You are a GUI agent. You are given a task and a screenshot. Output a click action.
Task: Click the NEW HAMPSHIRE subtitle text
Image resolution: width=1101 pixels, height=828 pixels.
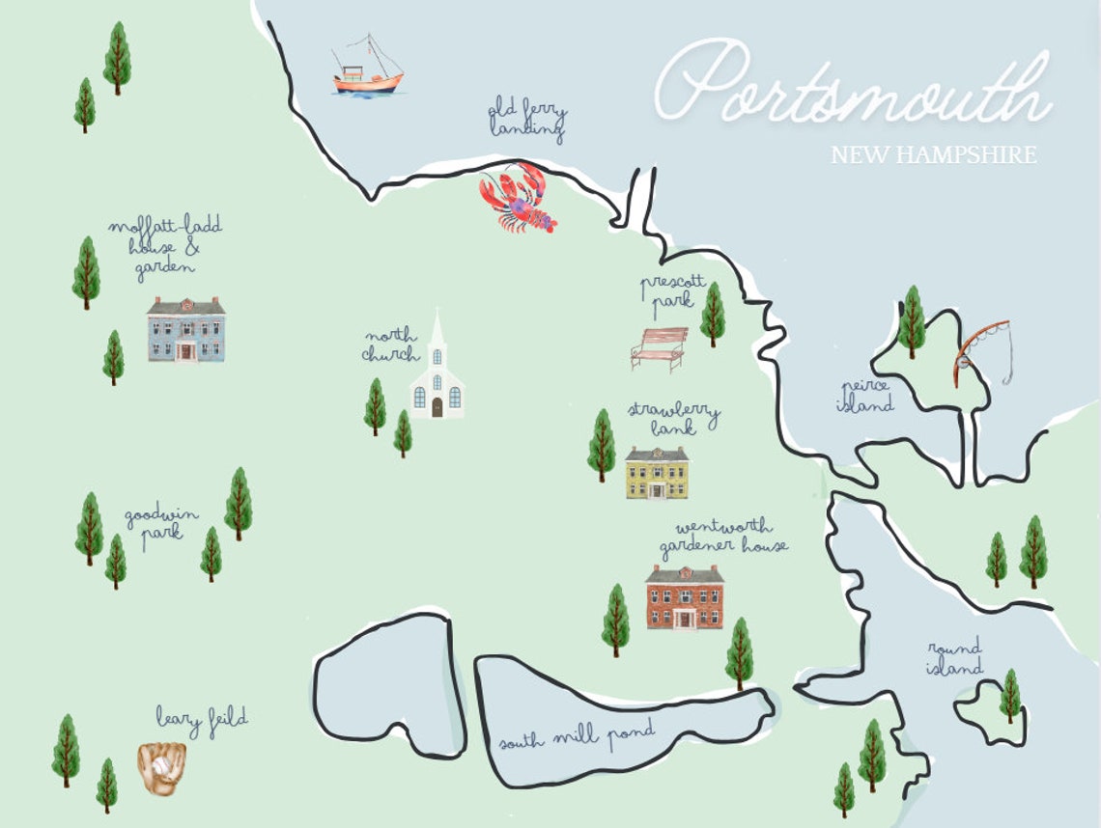click(933, 155)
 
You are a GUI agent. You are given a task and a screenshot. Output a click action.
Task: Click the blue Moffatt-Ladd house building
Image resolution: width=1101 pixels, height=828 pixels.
click(185, 330)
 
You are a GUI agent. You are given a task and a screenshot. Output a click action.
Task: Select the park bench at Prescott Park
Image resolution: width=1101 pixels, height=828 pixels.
click(659, 348)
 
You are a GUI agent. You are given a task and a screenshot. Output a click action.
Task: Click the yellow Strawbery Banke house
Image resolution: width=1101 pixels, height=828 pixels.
click(657, 473)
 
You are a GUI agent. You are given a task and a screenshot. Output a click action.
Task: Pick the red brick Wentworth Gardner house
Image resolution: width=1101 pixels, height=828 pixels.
click(684, 597)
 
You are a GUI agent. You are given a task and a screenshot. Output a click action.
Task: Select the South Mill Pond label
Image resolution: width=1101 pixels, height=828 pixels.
click(576, 736)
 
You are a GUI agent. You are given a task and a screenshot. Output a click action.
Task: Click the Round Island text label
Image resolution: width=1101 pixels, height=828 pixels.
click(954, 657)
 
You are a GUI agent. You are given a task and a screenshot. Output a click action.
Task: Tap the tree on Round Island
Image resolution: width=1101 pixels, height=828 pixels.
click(1010, 695)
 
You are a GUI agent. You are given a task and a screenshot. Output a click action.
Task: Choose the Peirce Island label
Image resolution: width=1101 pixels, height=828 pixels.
click(864, 396)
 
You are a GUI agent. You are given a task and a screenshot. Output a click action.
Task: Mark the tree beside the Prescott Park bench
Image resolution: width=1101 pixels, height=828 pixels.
click(713, 314)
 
